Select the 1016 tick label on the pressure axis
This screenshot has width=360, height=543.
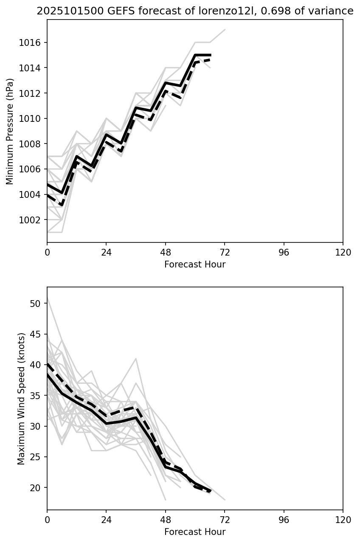pos(32,43)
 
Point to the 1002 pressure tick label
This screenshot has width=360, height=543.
pos(32,220)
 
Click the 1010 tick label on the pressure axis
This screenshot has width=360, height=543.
pos(32,118)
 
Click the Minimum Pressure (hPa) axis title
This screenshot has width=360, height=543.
pos(10,131)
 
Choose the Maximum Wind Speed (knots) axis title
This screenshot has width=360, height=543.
pos(21,398)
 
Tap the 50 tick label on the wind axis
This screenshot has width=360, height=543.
pos(36,304)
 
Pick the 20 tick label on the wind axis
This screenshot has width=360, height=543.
pos(36,488)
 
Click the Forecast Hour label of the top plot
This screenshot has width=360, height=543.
pos(195,264)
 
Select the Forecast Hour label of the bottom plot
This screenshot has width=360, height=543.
pos(195,532)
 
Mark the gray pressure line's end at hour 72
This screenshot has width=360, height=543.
pos(225,30)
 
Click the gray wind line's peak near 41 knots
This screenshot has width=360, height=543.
pos(136,359)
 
